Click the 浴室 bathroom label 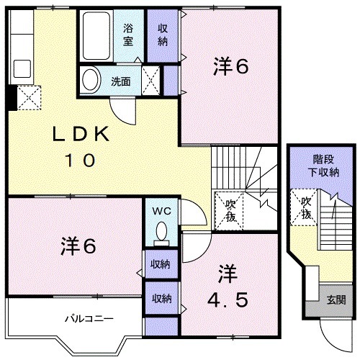click(x=129, y=35)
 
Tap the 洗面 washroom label click(x=120, y=81)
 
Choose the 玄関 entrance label click(x=336, y=300)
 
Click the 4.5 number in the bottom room click(x=228, y=297)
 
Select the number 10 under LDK click(x=81, y=161)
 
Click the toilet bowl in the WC click(x=161, y=232)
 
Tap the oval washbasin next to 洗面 click(x=91, y=79)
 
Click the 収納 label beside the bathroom click(x=163, y=35)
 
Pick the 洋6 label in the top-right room click(x=230, y=67)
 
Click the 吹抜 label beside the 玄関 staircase click(x=305, y=208)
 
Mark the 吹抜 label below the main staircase click(x=230, y=209)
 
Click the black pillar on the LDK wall click(x=10, y=97)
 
